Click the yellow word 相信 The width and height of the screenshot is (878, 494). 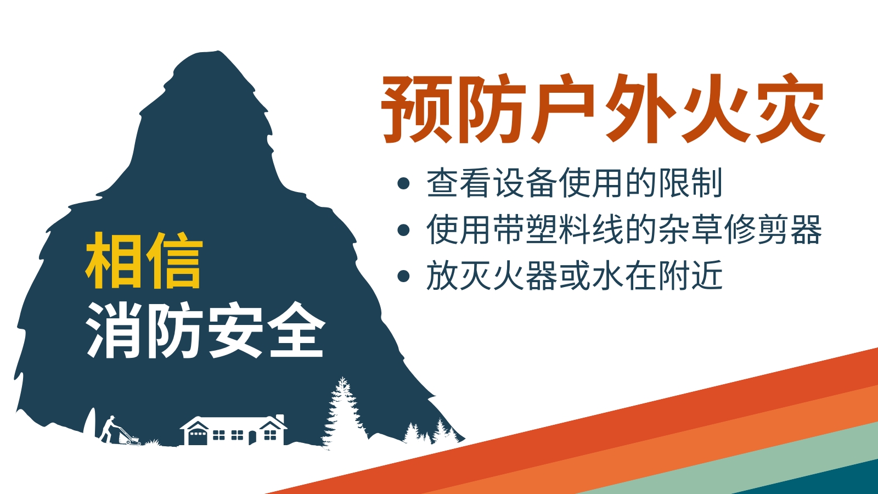tap(144, 260)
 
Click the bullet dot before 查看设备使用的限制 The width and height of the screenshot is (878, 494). tap(403, 183)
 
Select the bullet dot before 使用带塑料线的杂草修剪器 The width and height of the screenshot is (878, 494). tap(403, 230)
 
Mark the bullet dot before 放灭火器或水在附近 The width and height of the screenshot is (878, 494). tap(403, 276)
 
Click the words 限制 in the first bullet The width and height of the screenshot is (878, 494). tap(690, 183)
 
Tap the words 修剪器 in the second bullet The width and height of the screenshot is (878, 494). tap(773, 230)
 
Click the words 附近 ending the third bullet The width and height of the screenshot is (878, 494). tap(690, 276)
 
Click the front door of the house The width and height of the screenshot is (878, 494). tap(252, 437)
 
